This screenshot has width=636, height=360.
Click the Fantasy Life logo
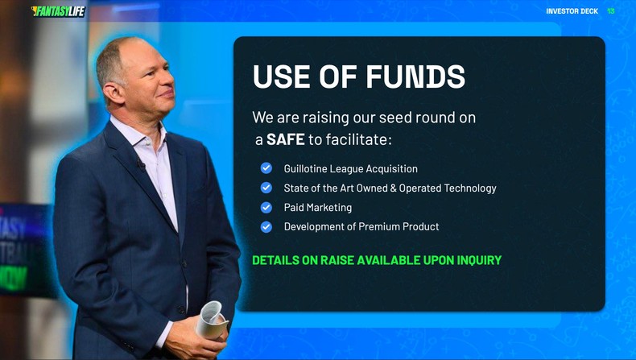click(x=58, y=11)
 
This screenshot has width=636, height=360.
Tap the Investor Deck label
click(x=572, y=11)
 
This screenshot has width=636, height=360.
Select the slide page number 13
click(x=611, y=11)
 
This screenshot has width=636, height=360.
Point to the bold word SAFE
click(x=285, y=139)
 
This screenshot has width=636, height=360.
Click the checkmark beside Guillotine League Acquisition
click(x=266, y=168)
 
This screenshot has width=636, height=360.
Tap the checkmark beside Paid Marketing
click(x=266, y=207)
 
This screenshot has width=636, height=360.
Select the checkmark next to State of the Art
click(x=266, y=188)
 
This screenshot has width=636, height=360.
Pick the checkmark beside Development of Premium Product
click(x=266, y=226)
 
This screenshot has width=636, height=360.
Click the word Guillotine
click(x=310, y=168)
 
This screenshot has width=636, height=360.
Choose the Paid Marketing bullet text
click(x=317, y=207)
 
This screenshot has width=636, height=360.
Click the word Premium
click(x=381, y=226)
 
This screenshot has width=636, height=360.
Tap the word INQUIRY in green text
click(x=475, y=260)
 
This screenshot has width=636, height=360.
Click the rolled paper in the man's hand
click(x=211, y=318)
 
